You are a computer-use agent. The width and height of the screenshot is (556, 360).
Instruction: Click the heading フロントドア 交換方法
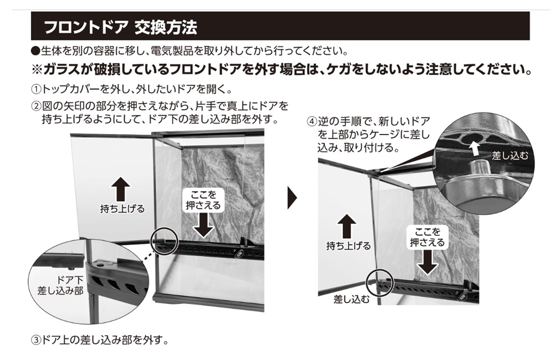[120, 26]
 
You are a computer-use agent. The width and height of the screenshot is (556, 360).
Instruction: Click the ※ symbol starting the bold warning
[37, 71]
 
